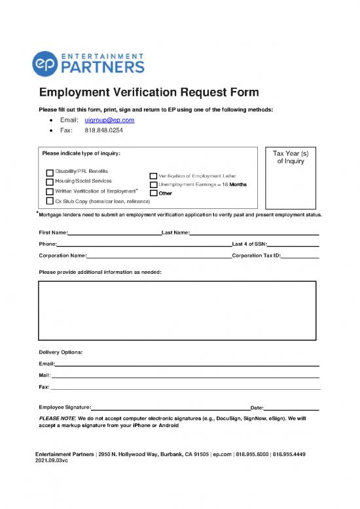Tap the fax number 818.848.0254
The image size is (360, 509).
click(x=104, y=130)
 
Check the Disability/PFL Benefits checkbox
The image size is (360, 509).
click(x=50, y=172)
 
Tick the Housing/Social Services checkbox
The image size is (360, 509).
click(x=50, y=181)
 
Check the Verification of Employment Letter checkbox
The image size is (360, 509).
click(x=153, y=176)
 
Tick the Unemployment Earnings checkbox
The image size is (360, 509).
click(x=153, y=185)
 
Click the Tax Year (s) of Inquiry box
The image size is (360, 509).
click(x=289, y=177)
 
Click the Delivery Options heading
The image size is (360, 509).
click(x=61, y=352)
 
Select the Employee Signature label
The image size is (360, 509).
click(x=65, y=407)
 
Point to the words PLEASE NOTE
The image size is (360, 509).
click(x=58, y=418)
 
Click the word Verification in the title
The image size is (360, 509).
click(x=159, y=92)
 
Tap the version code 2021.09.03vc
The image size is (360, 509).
click(x=52, y=461)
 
